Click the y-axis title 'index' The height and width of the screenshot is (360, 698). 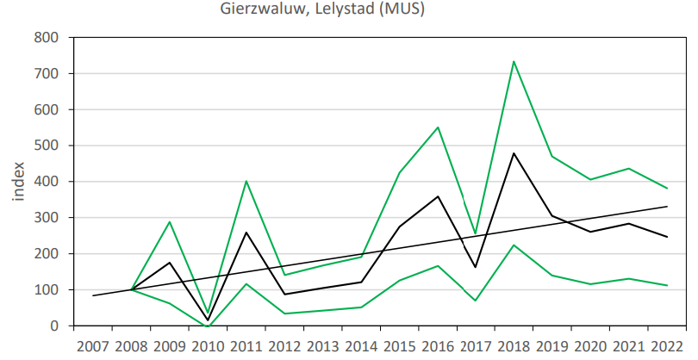(x=18, y=180)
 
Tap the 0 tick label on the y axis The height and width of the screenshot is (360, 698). (x=53, y=326)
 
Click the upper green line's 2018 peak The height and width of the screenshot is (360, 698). (x=514, y=61)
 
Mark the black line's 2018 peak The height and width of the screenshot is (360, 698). (x=514, y=153)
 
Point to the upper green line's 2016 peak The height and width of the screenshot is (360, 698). (x=438, y=127)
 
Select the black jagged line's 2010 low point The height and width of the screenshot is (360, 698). (x=208, y=320)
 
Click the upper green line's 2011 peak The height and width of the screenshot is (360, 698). (x=246, y=181)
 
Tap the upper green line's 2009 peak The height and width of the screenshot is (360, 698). (x=170, y=222)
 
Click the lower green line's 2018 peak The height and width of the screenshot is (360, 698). (x=514, y=245)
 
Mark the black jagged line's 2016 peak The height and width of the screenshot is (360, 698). (x=438, y=196)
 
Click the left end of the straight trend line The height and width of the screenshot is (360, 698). (x=93, y=295)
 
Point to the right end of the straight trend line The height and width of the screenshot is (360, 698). (x=667, y=207)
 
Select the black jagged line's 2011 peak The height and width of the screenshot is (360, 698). (x=246, y=233)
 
